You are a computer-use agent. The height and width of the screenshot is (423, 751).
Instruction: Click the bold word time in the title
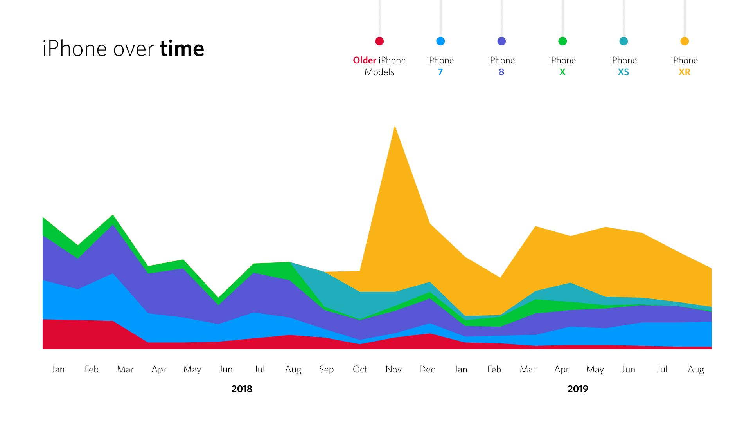click(182, 49)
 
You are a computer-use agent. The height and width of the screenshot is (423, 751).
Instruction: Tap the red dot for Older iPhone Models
click(379, 41)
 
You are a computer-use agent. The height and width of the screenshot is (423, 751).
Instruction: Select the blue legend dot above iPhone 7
click(440, 41)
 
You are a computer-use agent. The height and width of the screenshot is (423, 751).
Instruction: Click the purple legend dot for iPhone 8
click(501, 41)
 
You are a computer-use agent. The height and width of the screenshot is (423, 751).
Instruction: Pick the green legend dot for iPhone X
click(562, 41)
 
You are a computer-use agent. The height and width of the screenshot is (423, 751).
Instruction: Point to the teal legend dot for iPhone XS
click(623, 41)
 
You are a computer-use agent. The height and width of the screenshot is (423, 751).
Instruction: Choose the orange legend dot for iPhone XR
click(685, 41)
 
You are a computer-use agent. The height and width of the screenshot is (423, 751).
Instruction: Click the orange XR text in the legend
click(685, 72)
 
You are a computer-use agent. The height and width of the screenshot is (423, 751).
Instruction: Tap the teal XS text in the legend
click(623, 72)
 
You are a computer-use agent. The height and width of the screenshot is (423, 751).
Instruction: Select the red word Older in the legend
click(365, 60)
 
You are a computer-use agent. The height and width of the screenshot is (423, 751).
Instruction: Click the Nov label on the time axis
click(393, 369)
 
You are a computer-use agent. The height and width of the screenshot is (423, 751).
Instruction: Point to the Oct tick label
click(360, 369)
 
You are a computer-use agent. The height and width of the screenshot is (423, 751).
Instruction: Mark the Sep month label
click(326, 369)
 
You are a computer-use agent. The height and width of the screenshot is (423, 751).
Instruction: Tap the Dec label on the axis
click(427, 369)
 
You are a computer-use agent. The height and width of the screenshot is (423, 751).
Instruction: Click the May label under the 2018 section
click(192, 369)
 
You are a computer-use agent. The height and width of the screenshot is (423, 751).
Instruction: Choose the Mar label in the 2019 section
click(528, 369)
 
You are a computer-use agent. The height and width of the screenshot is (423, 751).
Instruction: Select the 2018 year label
click(242, 389)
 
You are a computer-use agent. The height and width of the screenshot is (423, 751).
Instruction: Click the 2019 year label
click(578, 389)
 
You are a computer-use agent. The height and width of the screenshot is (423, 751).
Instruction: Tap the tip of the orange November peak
click(395, 127)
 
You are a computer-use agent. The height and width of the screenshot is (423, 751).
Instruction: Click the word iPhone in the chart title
click(74, 49)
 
